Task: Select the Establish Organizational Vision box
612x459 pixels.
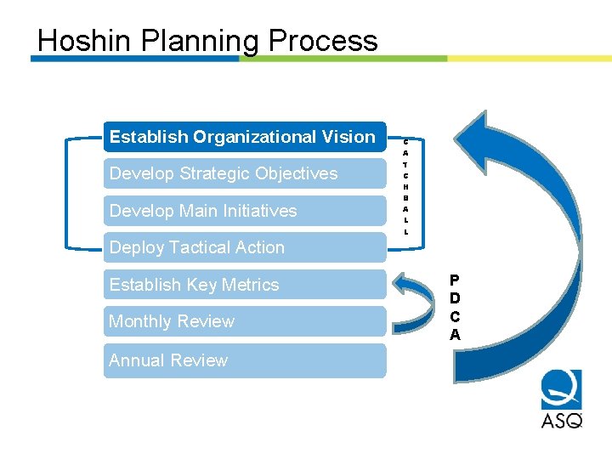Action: pyautogui.click(x=244, y=137)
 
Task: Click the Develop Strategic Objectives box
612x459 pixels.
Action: pyautogui.click(x=244, y=173)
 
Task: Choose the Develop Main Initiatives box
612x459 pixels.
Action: pyautogui.click(x=244, y=211)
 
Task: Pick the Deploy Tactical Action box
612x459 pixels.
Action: pyautogui.click(x=244, y=247)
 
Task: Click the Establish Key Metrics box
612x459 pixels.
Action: pyautogui.click(x=244, y=285)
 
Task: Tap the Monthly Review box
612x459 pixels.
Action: pyautogui.click(x=244, y=321)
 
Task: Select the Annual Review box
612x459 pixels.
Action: pyautogui.click(x=244, y=360)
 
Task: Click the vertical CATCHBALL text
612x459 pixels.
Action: pyautogui.click(x=406, y=186)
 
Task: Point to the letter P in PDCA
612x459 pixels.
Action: pyautogui.click(x=455, y=280)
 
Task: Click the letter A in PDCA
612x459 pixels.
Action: pyautogui.click(x=455, y=335)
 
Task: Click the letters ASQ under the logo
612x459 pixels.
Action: pyautogui.click(x=561, y=419)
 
